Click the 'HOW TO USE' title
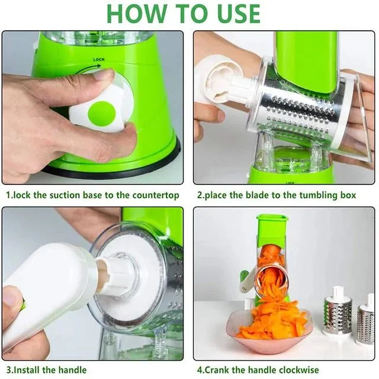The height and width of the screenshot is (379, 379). point(184,13)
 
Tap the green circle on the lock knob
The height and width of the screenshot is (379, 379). point(102,113)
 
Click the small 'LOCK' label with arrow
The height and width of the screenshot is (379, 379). point(99,60)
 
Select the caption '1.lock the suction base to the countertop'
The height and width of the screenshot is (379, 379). point(92,195)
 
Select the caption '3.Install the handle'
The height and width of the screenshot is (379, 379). point(46,370)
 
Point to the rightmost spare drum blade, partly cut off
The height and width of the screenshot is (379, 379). point(366,323)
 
